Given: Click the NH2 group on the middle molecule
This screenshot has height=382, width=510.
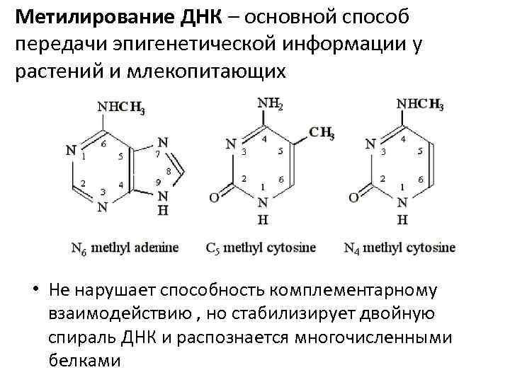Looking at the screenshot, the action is pyautogui.click(x=269, y=105).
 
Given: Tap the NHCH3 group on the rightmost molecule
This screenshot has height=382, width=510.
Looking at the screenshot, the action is pyautogui.click(x=419, y=105).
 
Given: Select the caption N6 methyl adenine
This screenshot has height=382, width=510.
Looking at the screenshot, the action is pyautogui.click(x=125, y=248).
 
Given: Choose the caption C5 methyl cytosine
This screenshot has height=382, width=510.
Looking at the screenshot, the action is pyautogui.click(x=261, y=248).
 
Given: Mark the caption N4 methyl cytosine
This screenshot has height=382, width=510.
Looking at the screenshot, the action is pyautogui.click(x=399, y=248).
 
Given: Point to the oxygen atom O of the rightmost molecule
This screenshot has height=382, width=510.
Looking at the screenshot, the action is pyautogui.click(x=353, y=196).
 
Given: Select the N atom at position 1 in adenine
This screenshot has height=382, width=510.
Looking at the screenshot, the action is pyautogui.click(x=70, y=150).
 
